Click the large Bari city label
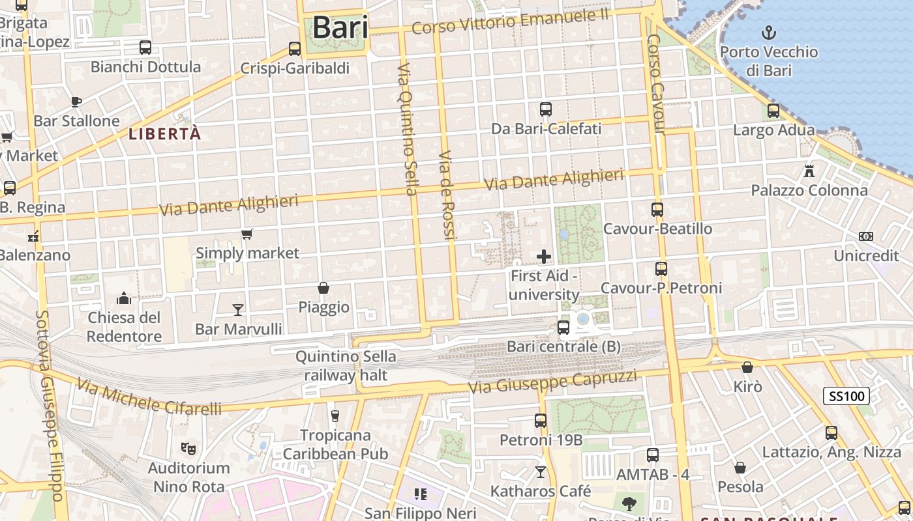(x=340, y=28)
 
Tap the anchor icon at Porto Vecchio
(x=769, y=32)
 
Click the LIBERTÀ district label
(x=165, y=134)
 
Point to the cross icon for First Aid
(x=543, y=257)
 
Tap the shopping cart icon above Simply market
(x=247, y=234)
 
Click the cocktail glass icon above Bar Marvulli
(x=238, y=309)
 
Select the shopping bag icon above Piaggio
(x=323, y=288)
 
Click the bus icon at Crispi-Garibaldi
(x=295, y=49)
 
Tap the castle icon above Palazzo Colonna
(x=809, y=171)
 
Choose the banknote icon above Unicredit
(x=865, y=236)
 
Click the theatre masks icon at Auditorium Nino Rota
(x=188, y=448)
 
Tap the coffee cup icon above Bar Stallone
(x=76, y=102)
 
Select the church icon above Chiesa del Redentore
(x=124, y=299)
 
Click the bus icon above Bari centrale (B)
(x=563, y=328)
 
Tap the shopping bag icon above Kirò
(x=747, y=368)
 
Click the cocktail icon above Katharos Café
(x=540, y=472)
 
